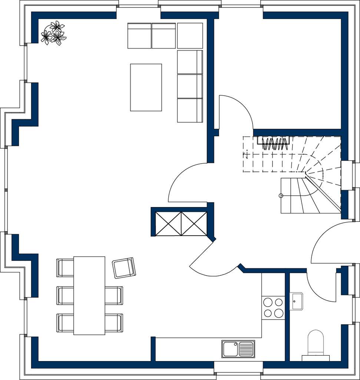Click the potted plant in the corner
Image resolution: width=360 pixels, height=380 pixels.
pos(53,33)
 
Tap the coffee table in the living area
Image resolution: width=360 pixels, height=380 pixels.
pos(146,88)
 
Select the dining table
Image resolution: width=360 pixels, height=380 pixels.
pos(89,295)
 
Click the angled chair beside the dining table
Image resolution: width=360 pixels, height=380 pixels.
pos(124,268)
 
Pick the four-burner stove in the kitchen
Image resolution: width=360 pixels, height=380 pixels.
pos(273,308)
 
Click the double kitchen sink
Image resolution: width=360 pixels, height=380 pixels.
pos(238,349)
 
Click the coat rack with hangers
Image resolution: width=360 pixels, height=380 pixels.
pos(274,143)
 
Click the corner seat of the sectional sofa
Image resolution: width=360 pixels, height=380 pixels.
pos(190,36)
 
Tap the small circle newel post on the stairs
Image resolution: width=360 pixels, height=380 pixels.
pos(281,196)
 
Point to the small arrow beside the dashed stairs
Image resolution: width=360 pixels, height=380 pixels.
pos(247,154)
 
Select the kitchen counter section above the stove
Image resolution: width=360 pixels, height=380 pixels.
pos(273,284)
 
